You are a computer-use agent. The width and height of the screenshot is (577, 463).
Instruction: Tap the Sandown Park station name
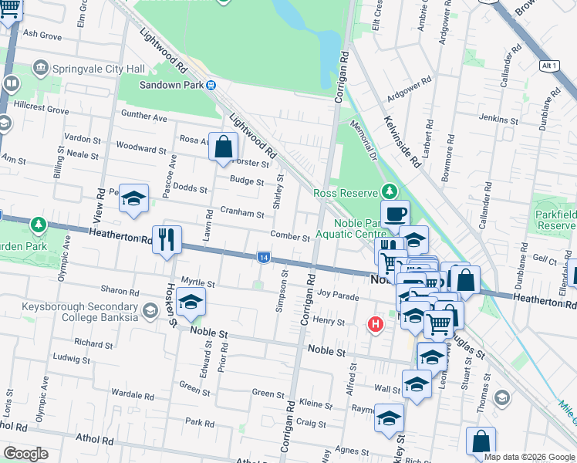click(x=170, y=86)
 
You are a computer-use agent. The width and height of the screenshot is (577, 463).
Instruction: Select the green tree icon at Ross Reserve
click(x=390, y=191)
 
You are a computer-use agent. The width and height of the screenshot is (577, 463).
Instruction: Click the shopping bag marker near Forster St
click(x=223, y=147)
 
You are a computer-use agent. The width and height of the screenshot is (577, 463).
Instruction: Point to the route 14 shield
click(x=264, y=257)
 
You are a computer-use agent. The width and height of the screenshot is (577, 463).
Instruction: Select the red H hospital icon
click(x=375, y=324)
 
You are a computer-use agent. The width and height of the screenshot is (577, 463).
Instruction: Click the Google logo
click(x=25, y=454)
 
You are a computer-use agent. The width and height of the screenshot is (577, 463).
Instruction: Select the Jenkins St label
click(x=498, y=120)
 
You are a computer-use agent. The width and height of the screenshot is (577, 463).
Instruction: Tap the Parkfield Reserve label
click(x=555, y=217)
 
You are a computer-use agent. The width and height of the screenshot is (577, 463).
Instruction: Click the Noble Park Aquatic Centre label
click(x=359, y=228)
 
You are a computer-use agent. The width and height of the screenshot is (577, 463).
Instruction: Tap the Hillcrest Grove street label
click(x=35, y=110)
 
